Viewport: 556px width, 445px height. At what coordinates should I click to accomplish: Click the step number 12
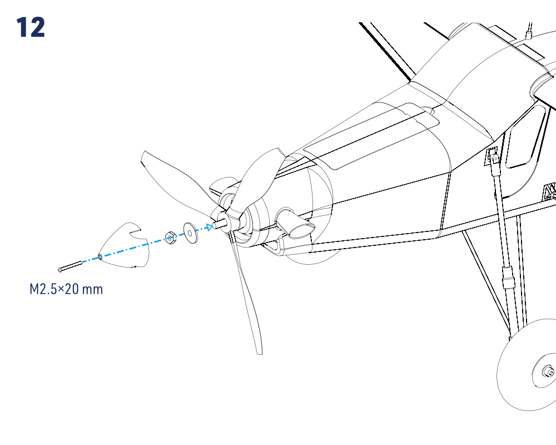(x=31, y=27)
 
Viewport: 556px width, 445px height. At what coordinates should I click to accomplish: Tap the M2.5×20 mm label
(x=66, y=289)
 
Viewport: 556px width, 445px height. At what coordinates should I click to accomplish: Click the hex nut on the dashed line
(x=171, y=238)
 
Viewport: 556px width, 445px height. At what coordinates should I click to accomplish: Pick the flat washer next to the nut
(x=190, y=233)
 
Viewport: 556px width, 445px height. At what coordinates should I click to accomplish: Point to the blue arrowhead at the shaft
(x=210, y=227)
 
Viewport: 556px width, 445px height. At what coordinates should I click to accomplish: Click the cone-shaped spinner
(x=124, y=245)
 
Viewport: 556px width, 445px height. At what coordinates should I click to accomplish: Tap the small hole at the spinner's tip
(x=100, y=256)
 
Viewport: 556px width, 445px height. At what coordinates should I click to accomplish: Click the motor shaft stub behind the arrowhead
(x=219, y=224)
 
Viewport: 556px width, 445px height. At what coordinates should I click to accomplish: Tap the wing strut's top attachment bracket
(x=492, y=156)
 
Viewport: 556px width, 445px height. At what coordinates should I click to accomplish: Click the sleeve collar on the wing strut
(x=508, y=279)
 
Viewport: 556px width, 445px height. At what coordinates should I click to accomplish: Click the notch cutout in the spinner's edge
(x=139, y=235)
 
